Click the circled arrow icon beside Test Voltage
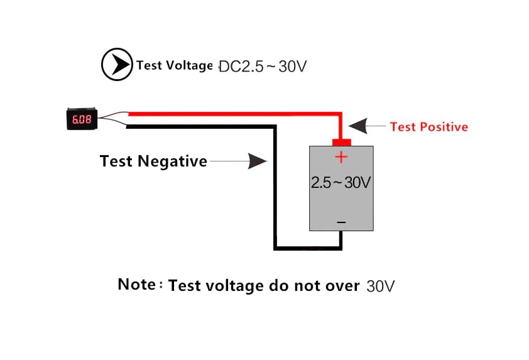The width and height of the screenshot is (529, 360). click(117, 65)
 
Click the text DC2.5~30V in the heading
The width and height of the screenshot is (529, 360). click(263, 66)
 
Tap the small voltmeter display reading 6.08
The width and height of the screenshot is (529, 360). click(80, 119)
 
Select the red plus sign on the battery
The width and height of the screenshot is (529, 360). click(341, 157)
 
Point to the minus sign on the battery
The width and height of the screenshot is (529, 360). click(341, 222)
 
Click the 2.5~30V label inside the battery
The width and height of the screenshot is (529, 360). click(341, 183)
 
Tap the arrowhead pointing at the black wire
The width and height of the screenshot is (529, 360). click(258, 161)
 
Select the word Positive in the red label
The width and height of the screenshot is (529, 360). click(444, 127)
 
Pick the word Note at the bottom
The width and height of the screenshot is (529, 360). click(136, 284)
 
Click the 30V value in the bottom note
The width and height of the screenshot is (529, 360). click(381, 286)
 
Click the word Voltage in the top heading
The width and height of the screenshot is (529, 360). click(188, 65)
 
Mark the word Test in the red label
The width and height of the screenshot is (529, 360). click(403, 127)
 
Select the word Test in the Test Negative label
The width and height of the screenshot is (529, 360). click(116, 161)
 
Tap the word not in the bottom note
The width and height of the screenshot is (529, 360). click(308, 286)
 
